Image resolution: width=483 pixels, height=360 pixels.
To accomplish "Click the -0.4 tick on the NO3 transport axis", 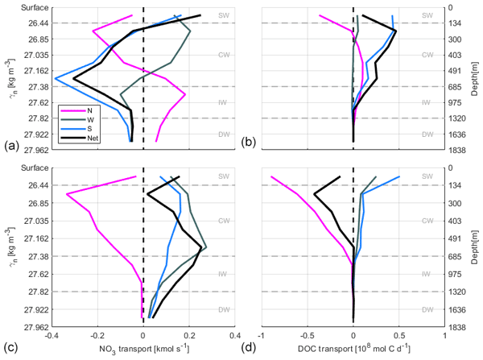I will click(51, 336).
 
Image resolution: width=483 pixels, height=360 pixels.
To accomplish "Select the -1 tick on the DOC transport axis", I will click(260, 336).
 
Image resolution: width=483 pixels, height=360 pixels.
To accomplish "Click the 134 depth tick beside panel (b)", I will click(456, 23).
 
